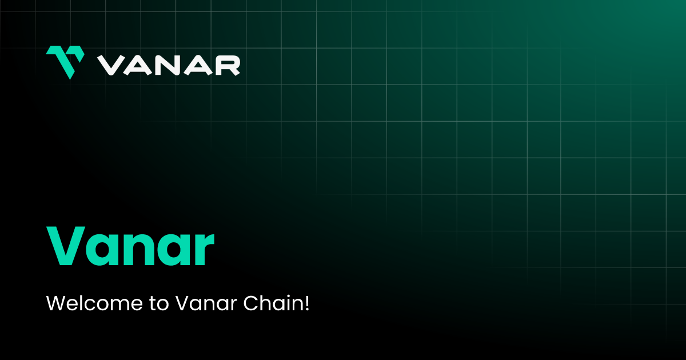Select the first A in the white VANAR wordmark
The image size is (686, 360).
(139, 65)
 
